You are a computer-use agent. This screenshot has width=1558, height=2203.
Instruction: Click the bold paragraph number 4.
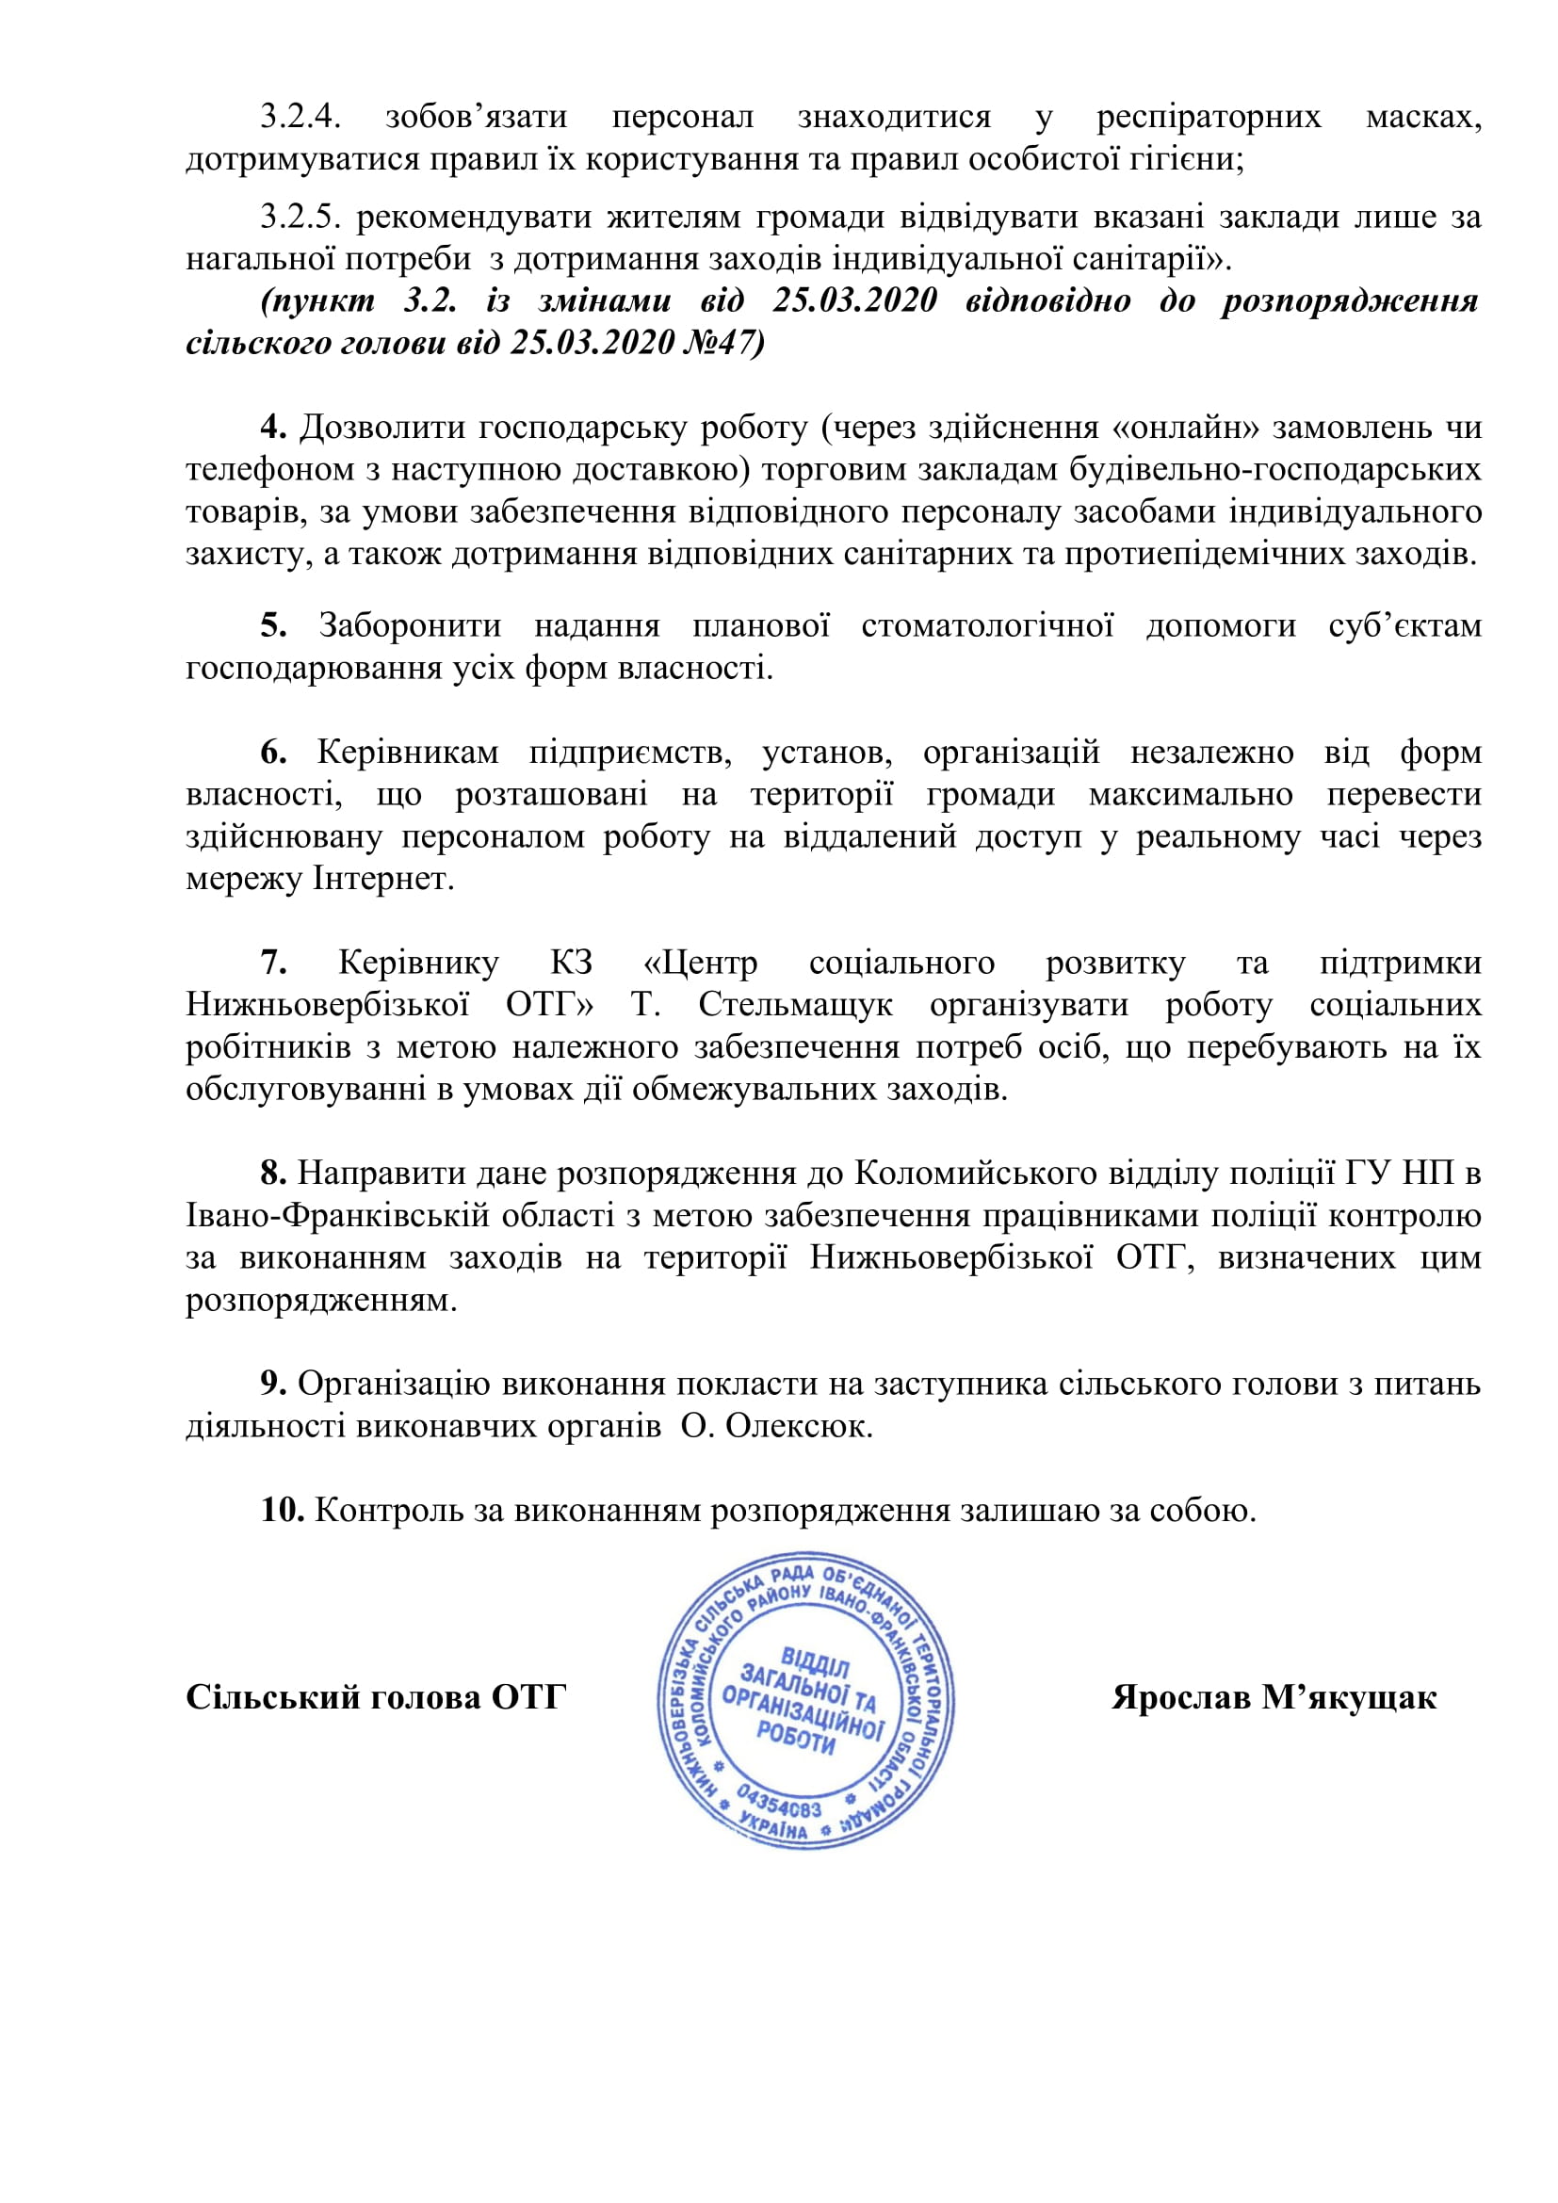pos(273,427)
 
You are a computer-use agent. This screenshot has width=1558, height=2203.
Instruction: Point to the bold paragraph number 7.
pos(273,963)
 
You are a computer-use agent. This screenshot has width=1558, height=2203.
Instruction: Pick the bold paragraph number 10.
pos(282,1510)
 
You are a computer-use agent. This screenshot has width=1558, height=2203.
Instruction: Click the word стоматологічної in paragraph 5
pos(987,625)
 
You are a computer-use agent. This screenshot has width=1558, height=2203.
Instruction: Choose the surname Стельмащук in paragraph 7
pos(795,1005)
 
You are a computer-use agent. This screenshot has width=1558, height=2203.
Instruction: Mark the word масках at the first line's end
pos(1422,117)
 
